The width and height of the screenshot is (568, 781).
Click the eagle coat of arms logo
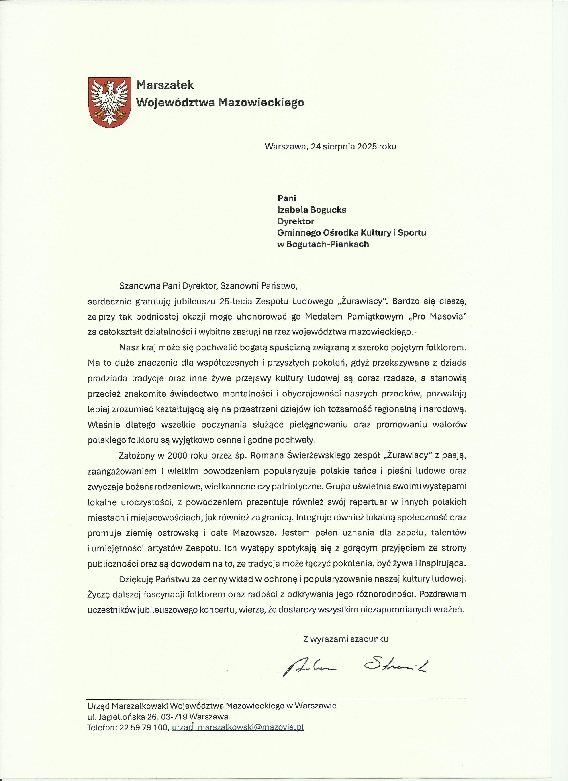(110, 102)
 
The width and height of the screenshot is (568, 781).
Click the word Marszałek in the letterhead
(165, 85)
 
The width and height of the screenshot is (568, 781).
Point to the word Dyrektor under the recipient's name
(296, 221)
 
